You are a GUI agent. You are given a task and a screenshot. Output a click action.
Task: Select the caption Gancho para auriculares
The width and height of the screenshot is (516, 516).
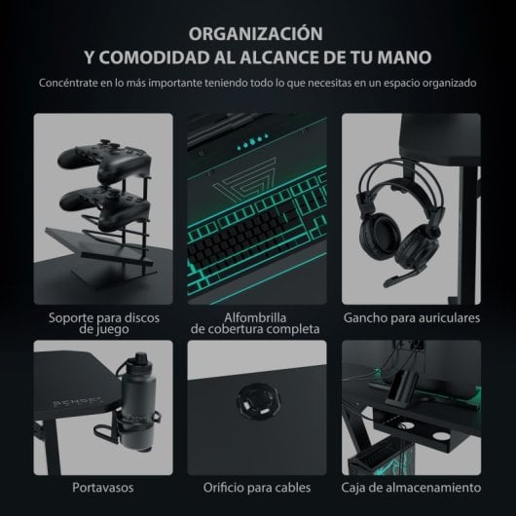[x=412, y=317]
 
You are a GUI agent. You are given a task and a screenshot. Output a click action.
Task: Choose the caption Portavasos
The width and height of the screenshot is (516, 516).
[x=102, y=486]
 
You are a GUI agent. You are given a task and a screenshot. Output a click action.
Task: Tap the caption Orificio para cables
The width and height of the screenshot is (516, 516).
[x=257, y=486]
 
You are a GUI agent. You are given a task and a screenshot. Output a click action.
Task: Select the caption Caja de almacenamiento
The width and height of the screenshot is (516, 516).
[x=412, y=486]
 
